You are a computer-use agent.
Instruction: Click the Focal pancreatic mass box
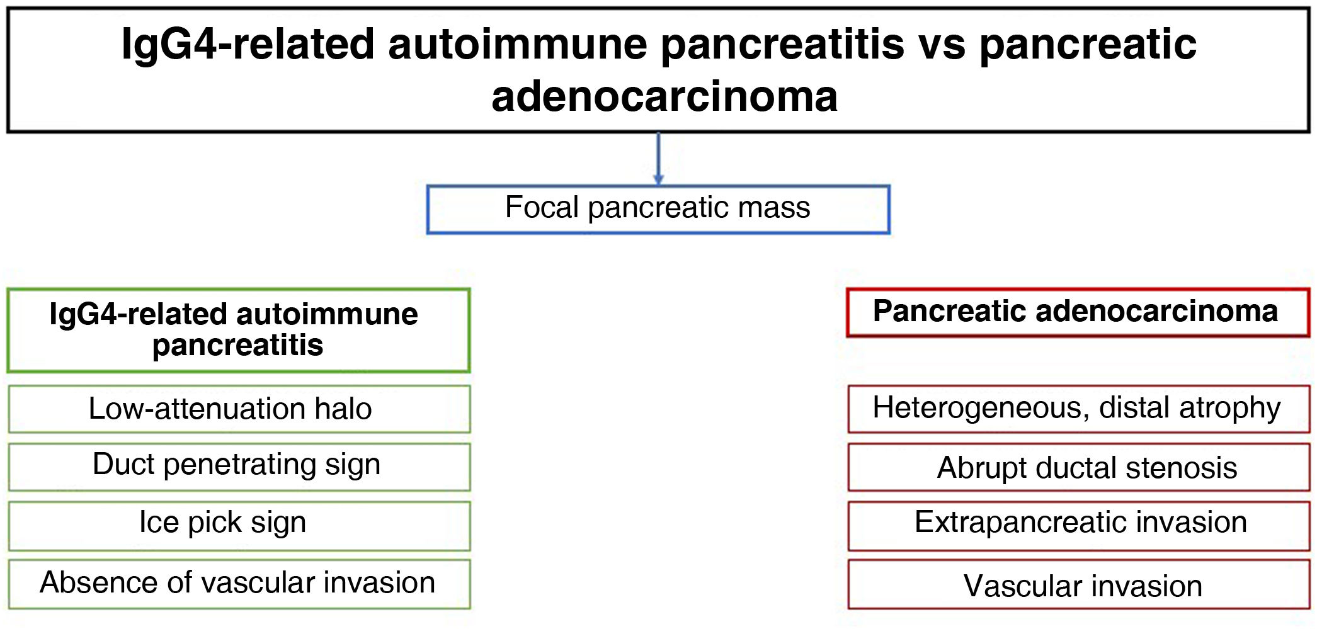coord(658,209)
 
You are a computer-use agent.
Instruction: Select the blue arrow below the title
coord(659,159)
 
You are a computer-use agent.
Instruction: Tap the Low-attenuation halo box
coord(239,409)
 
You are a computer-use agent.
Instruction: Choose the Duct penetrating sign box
coord(239,467)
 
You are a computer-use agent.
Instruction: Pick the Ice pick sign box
coord(239,526)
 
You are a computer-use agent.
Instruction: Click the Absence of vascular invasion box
coord(239,584)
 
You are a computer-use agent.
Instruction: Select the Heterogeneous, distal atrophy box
coord(1079,409)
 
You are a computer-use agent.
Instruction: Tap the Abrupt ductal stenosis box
coord(1079,467)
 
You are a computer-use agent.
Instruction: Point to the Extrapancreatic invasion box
coord(1079,526)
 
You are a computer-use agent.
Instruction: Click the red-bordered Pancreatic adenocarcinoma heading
coord(1078,313)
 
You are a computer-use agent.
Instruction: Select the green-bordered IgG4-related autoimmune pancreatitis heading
coord(239,331)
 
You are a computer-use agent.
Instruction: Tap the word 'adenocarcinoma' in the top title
coord(664,96)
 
